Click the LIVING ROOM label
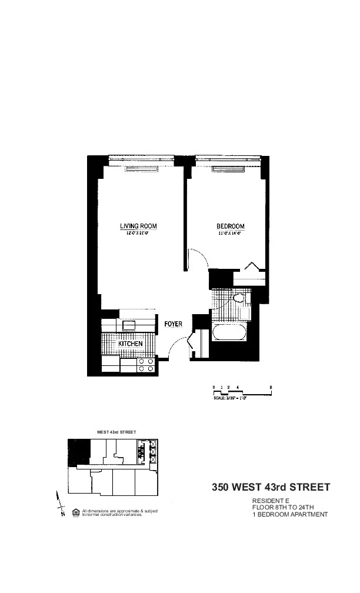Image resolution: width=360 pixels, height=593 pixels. tap(138, 226)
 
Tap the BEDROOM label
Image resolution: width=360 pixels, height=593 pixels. tap(231, 226)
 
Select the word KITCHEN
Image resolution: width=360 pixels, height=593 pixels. tap(131, 344)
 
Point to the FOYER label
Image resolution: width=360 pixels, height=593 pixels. tap(174, 324)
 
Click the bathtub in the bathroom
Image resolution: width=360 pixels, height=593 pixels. tap(230, 333)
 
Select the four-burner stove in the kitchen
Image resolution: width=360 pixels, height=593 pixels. tap(146, 365)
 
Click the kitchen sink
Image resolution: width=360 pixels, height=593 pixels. tap(128, 325)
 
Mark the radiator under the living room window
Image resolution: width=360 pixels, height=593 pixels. tap(142, 169)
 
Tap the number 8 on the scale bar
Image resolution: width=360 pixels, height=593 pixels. tap(271, 387)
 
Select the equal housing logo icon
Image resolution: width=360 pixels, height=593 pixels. tap(75, 512)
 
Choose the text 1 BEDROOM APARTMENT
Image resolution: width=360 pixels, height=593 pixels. tap(290, 515)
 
